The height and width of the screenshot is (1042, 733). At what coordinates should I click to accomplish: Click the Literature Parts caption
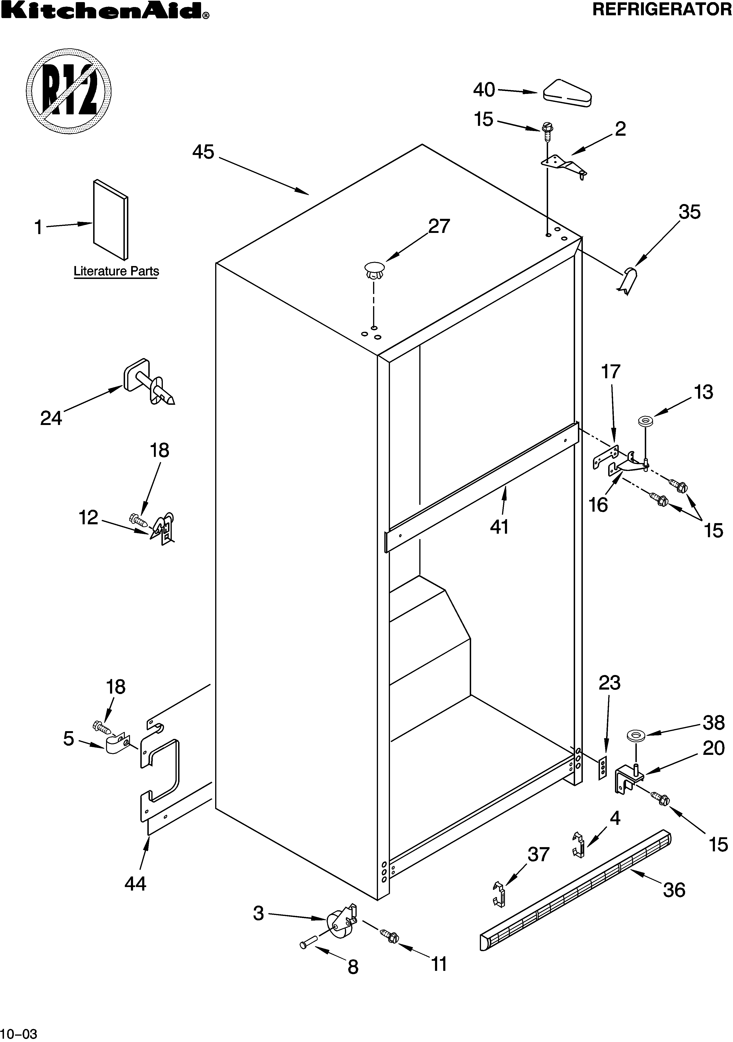(116, 271)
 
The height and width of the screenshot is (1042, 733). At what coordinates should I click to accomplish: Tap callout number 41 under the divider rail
(499, 527)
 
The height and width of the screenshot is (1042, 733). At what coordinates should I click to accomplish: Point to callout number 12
(88, 517)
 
